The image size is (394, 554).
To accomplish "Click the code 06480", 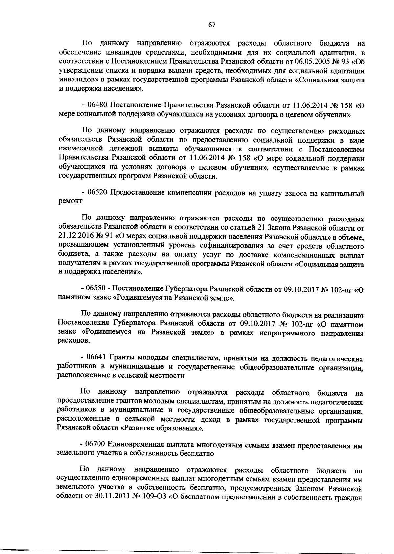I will [98, 106].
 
